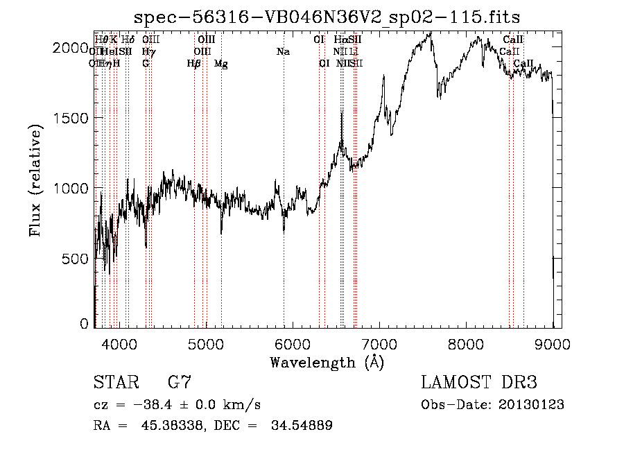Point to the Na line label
tap(283, 51)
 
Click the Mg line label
tap(220, 64)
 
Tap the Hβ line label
tap(193, 64)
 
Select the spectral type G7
tap(180, 383)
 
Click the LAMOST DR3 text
tap(479, 383)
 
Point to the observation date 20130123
tap(532, 405)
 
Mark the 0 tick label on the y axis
tap(85, 324)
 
